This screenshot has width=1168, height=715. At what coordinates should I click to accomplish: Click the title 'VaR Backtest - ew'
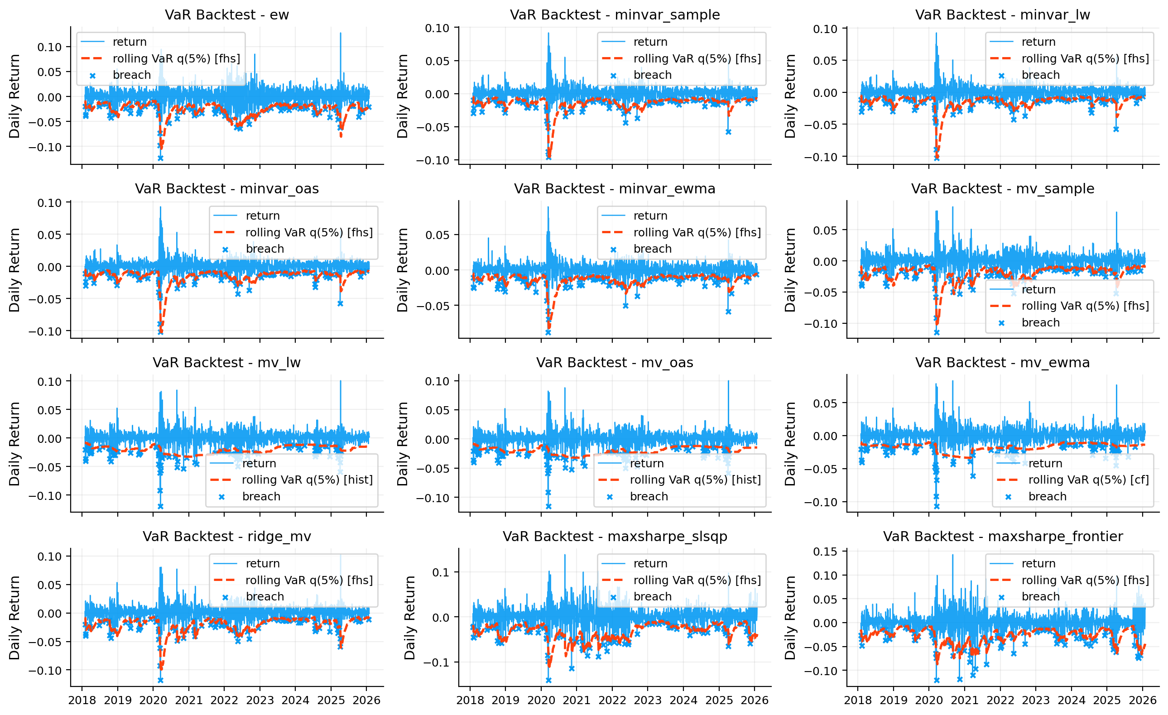coord(226,14)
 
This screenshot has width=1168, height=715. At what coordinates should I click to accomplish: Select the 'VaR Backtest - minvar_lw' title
coord(1002,14)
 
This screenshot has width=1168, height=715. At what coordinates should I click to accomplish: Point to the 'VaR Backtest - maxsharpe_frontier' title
coord(1003,537)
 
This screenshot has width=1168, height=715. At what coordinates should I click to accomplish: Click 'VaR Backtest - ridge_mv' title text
coord(226,537)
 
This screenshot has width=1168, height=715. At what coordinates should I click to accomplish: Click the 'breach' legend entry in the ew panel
coord(131,75)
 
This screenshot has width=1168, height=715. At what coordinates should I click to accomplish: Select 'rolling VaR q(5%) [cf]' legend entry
coord(1088,480)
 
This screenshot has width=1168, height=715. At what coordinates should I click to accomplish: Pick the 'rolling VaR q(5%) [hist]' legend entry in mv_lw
coord(307,480)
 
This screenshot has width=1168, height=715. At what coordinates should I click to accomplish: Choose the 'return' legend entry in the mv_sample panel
coord(1038,289)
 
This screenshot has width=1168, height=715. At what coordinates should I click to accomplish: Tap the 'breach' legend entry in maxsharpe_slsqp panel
coord(652,596)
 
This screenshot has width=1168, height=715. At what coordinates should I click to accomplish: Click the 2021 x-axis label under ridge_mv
coord(189,701)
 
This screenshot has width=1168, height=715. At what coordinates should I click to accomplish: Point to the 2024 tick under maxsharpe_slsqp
coord(683,701)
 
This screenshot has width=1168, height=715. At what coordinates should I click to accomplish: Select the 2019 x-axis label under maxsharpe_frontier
coord(894,701)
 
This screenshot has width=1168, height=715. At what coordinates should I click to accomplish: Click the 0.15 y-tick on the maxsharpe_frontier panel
coord(824,551)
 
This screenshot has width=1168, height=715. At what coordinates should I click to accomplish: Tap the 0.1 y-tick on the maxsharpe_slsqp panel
coord(440,572)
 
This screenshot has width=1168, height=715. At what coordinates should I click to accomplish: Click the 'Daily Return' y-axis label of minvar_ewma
coord(403,269)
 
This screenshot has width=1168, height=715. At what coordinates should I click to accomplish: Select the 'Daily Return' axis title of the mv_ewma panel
coord(790,443)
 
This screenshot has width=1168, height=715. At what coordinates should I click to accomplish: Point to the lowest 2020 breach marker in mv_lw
coord(160,507)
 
